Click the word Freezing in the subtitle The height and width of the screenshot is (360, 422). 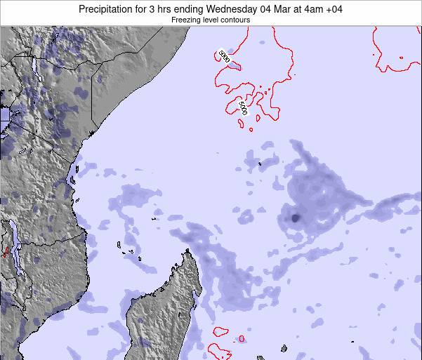click(186, 20)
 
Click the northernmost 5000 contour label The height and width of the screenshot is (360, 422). click(224, 56)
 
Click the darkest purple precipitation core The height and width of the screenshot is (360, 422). click(294, 218)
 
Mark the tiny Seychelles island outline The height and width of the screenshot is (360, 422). click(259, 164)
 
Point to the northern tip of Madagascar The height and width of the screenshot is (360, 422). click(187, 252)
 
